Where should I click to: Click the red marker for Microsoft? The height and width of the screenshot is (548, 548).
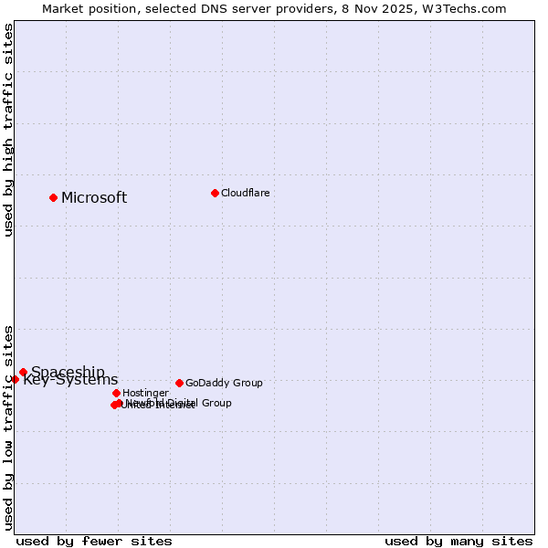(x=54, y=197)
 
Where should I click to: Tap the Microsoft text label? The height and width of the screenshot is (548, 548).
(x=94, y=198)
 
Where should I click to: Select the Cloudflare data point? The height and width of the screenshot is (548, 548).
(x=215, y=193)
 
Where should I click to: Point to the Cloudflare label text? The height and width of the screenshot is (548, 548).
(x=245, y=193)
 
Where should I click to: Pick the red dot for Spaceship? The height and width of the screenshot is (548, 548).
(x=24, y=372)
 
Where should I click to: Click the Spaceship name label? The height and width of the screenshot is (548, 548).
(x=68, y=372)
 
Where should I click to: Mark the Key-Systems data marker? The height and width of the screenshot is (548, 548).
(x=16, y=379)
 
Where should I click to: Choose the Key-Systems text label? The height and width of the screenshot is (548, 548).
(x=70, y=380)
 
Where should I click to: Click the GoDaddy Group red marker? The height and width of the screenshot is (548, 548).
(x=179, y=383)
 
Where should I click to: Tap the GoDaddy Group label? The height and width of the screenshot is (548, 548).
(x=224, y=383)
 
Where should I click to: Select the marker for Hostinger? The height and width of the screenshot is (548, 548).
(x=116, y=393)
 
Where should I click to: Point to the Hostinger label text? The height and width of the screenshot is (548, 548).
(x=145, y=393)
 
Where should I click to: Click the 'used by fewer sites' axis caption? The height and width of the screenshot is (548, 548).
(x=94, y=541)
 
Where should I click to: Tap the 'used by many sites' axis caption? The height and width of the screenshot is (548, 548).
(x=458, y=541)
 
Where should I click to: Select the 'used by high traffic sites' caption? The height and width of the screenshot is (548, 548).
(x=8, y=130)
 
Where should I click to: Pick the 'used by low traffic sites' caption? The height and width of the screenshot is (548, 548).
(x=8, y=427)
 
